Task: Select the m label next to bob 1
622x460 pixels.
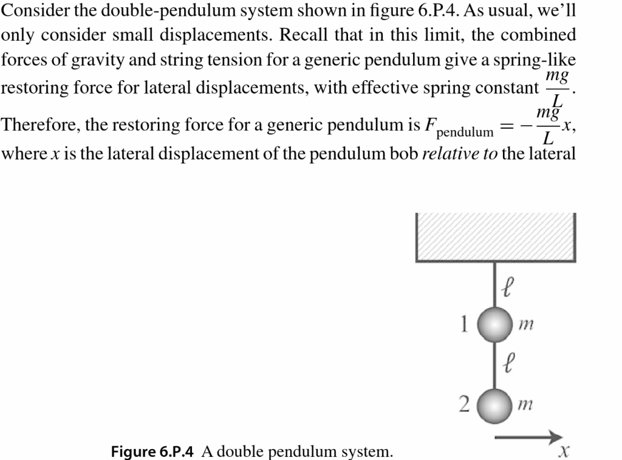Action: pos(526,326)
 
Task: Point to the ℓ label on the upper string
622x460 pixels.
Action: pos(510,284)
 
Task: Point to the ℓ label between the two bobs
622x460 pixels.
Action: pos(510,365)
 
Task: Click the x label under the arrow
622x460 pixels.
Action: pos(565,451)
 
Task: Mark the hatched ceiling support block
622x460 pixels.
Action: pos(496,237)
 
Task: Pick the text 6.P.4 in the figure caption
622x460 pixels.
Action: pos(176,451)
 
